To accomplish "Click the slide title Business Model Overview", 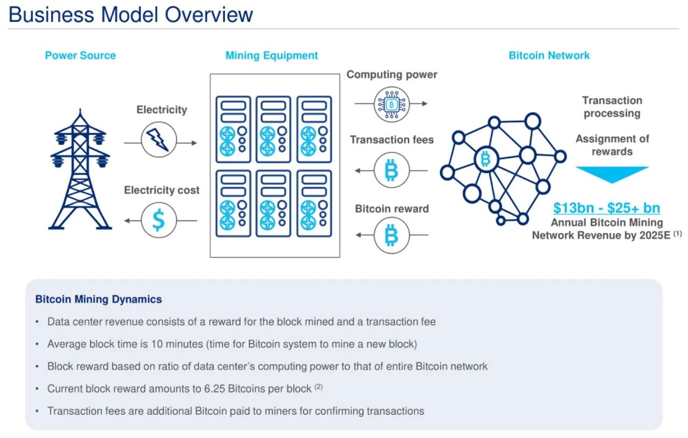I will point(131,14).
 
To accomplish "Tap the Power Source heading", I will point(80,55).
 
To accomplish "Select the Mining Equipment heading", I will point(271,55).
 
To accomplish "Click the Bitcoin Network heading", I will point(549,55).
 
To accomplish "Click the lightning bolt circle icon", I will point(159,139).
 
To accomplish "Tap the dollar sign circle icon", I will point(159,220).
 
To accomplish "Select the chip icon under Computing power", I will point(391,103).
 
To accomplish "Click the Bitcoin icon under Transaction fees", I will point(391,171).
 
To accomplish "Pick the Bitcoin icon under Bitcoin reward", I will point(391,235).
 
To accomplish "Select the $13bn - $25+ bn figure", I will point(607,208).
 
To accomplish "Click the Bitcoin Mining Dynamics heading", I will point(98,299).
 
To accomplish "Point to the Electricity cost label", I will point(161,190).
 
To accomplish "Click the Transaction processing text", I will point(612,106).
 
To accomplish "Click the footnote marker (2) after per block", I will point(318,386).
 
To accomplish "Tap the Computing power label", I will point(392,75).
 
